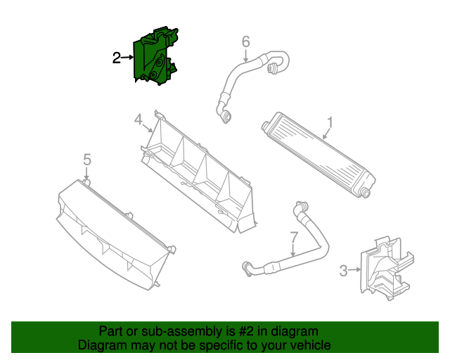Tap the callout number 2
point(117,58)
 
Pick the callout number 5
point(86,160)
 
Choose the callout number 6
point(245,42)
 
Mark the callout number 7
point(293,238)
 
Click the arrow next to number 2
point(129,58)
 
